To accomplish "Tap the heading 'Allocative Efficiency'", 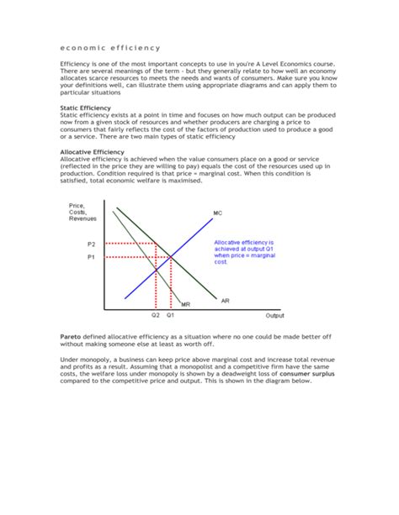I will pyautogui.click(x=97, y=152).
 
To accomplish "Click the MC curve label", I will pyautogui.click(x=218, y=213).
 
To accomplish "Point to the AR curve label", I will pyautogui.click(x=225, y=300).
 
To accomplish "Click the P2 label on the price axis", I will pyautogui.click(x=92, y=244).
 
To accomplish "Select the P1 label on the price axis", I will pyautogui.click(x=92, y=258).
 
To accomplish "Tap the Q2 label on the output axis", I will pyautogui.click(x=156, y=317).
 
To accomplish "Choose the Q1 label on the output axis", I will pyautogui.click(x=170, y=317).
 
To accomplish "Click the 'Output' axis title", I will pyautogui.click(x=275, y=317).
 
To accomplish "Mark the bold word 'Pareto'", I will pyautogui.click(x=72, y=335).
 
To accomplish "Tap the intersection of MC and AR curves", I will pyautogui.click(x=171, y=256).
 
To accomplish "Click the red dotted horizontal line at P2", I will pyautogui.click(x=130, y=244).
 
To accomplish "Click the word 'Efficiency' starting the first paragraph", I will pyautogui.click(x=76, y=64).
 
